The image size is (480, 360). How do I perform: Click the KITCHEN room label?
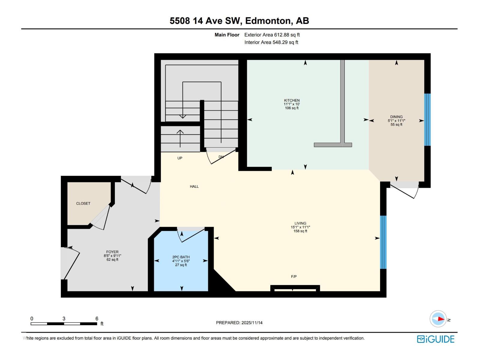292,100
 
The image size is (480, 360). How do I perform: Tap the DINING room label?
396,117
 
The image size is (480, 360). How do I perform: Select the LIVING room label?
300,223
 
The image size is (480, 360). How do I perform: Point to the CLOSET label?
83,203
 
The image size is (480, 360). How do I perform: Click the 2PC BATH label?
181,257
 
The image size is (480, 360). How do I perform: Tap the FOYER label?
112,252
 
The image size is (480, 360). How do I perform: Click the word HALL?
194,187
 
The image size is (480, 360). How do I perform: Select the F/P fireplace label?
294,277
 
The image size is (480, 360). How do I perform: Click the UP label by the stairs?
180,158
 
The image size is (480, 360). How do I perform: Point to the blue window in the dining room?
427,120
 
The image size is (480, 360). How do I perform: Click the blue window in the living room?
383,242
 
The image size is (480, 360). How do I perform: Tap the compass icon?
438,319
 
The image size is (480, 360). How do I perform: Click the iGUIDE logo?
436,339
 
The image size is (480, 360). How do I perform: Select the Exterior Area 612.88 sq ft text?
272,35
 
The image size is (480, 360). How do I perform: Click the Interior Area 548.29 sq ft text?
271,42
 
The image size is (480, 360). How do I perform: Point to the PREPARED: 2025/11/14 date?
239,323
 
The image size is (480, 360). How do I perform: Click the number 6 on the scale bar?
97,319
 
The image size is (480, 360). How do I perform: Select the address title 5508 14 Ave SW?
205,21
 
